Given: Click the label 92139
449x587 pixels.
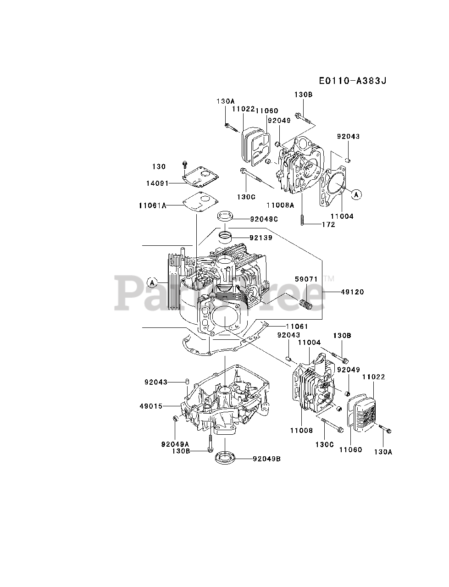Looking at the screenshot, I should click(x=261, y=238).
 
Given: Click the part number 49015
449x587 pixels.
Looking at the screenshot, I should click(x=151, y=406).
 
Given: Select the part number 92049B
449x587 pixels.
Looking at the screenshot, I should click(x=266, y=458).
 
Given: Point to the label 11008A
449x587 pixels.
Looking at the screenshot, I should click(x=280, y=206).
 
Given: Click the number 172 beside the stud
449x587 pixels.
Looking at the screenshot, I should click(x=328, y=224).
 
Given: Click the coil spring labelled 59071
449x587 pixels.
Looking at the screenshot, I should click(x=303, y=304).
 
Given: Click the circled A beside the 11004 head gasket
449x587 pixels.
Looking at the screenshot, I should click(x=356, y=194).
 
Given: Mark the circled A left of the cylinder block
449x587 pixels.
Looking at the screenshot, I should click(x=152, y=281).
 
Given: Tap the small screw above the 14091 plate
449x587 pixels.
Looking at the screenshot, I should click(x=184, y=164).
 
